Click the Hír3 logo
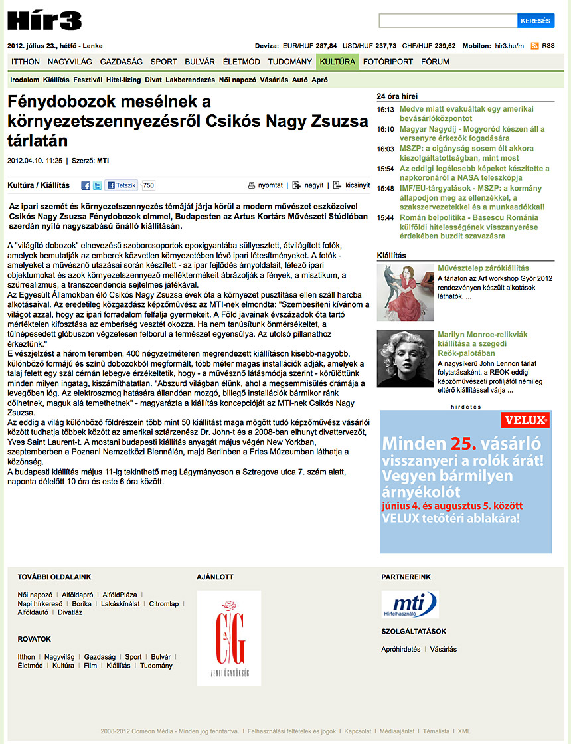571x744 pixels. tap(44, 21)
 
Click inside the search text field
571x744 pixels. tap(448, 21)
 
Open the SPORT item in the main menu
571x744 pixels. tap(163, 62)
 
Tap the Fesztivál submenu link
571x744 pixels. tap(88, 80)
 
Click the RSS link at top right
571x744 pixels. tap(548, 46)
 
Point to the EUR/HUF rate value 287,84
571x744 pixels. tap(326, 46)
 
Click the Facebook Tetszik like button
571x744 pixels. tap(122, 185)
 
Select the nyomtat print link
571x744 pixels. tap(266, 185)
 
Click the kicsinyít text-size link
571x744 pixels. tap(353, 185)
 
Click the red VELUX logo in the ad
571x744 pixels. tap(527, 420)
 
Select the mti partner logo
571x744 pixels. tap(410, 604)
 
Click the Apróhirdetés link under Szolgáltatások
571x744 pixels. tap(401, 649)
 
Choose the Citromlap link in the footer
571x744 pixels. tap(163, 604)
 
